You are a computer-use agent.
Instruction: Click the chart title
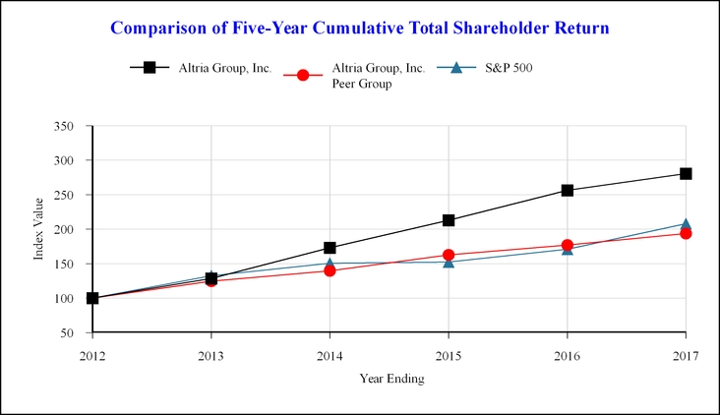tap(359, 28)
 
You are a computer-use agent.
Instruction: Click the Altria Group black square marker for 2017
tap(686, 174)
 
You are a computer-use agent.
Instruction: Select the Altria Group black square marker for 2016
tap(567, 190)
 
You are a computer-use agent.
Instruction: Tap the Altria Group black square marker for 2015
tap(449, 220)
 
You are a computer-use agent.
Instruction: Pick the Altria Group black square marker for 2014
tap(330, 248)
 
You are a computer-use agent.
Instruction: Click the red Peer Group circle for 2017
tap(686, 233)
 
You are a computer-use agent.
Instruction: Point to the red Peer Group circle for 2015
tap(449, 255)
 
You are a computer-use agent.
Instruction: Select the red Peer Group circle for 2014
tap(330, 269)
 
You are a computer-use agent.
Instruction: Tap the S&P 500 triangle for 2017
tap(686, 224)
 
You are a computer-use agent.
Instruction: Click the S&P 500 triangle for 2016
tap(567, 249)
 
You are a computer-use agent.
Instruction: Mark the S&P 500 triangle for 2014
tap(330, 263)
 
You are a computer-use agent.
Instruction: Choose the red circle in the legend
tap(303, 76)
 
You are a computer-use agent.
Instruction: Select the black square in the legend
tap(150, 68)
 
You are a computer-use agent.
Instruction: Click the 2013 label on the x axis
tap(210, 354)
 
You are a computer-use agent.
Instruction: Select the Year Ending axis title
tap(390, 379)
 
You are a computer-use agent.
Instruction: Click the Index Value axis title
tap(39, 229)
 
